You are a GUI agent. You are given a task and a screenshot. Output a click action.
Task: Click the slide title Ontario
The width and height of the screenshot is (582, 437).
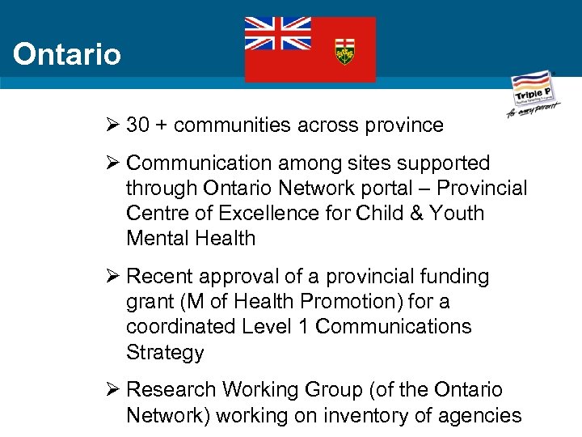coord(67,55)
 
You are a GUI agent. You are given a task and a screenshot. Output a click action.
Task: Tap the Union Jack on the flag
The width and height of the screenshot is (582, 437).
coord(277,34)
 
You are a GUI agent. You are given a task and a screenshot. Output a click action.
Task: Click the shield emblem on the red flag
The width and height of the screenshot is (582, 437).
coord(345,52)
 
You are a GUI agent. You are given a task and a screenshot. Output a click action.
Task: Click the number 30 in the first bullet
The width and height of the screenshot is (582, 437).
coord(139,125)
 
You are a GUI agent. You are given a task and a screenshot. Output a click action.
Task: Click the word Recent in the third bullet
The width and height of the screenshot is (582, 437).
coord(161,277)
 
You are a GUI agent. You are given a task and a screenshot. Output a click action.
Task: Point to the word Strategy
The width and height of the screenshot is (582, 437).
coord(165,353)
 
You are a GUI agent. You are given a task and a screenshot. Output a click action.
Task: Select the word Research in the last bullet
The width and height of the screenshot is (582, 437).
coord(173,390)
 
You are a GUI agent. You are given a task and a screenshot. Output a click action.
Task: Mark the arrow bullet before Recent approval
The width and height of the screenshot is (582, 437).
coord(112,277)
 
